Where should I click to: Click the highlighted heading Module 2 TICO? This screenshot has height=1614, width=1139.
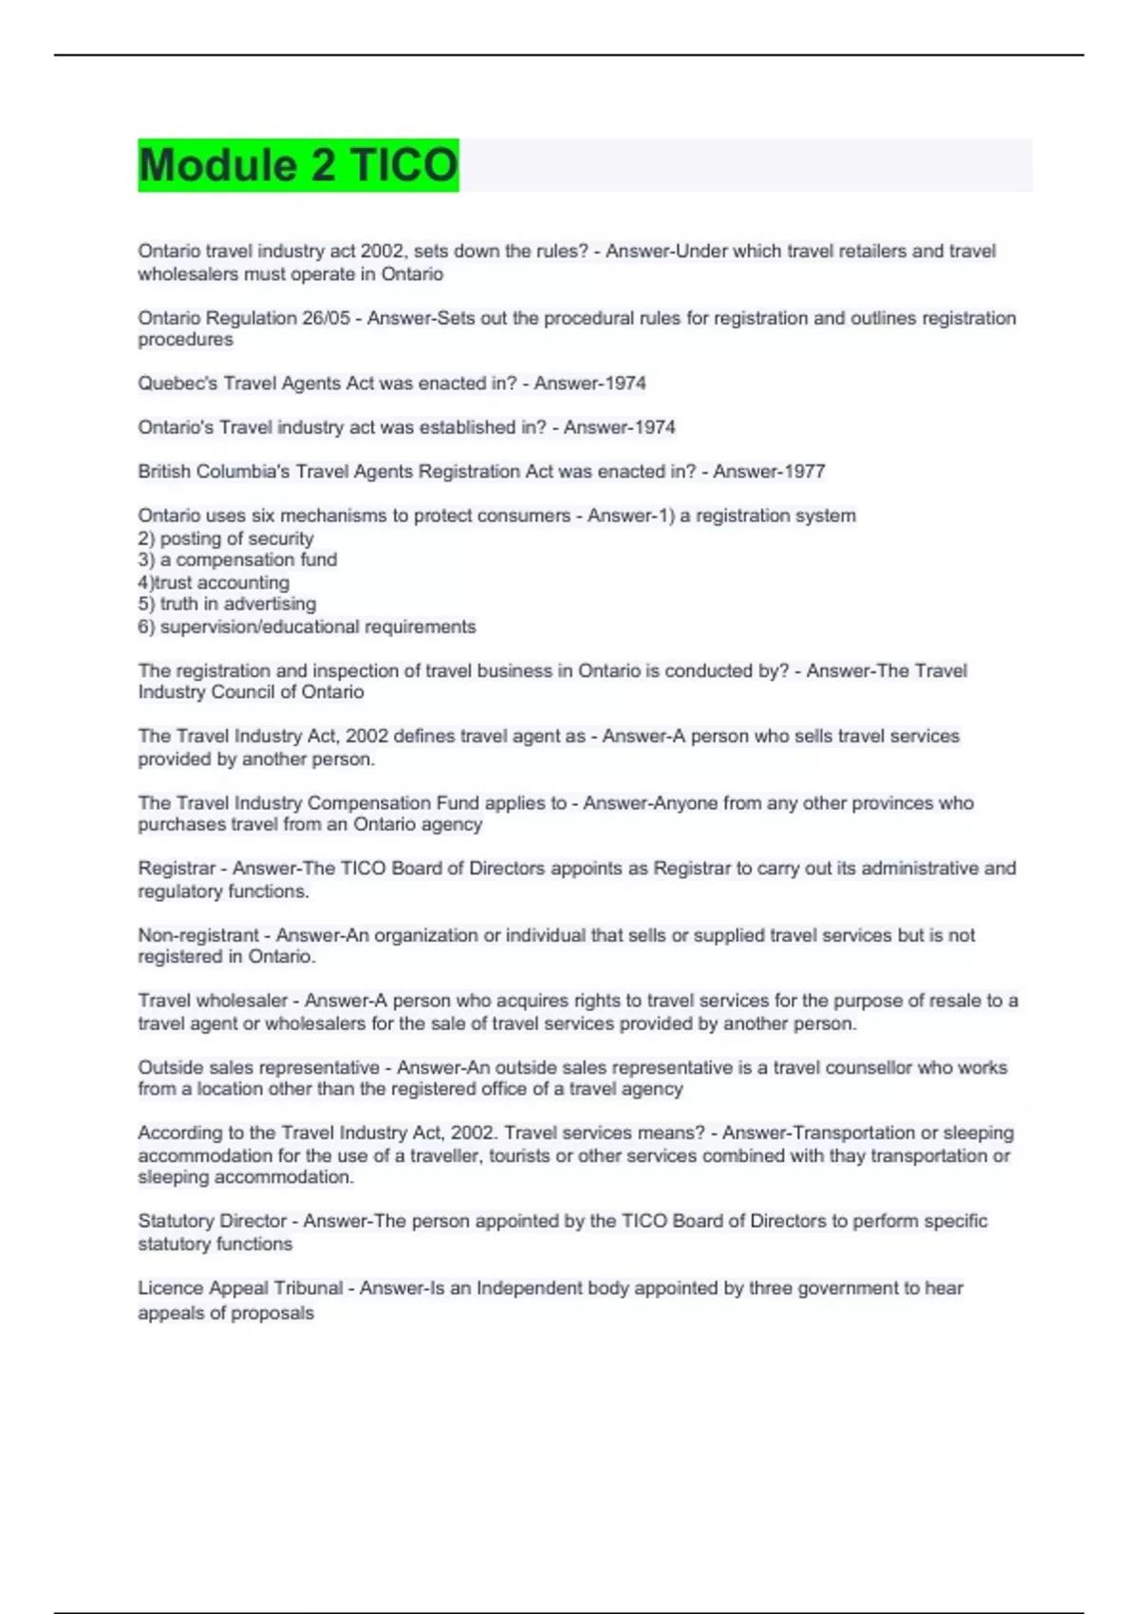pyautogui.click(x=298, y=165)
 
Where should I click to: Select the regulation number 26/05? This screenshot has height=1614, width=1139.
pyautogui.click(x=326, y=318)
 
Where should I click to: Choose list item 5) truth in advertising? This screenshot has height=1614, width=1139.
pyautogui.click(x=227, y=604)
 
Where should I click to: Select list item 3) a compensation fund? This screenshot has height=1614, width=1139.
pyautogui.click(x=237, y=560)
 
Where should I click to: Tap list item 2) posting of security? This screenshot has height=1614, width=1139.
pyautogui.click(x=225, y=538)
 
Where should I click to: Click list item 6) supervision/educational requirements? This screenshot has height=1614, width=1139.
pyautogui.click(x=307, y=627)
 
